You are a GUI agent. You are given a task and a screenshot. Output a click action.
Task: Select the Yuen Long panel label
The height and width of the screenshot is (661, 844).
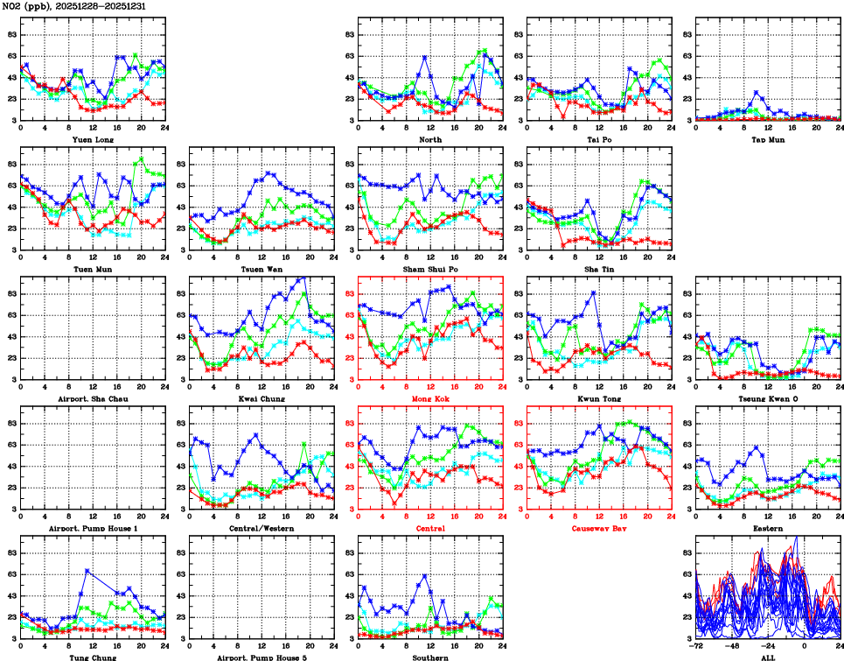click(x=92, y=139)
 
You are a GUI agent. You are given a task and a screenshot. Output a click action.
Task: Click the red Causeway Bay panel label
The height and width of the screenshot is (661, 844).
click(x=598, y=528)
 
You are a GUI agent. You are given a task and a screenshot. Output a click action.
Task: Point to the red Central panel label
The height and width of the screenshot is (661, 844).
click(x=429, y=528)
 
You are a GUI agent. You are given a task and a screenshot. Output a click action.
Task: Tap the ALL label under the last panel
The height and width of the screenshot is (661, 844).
click(x=767, y=657)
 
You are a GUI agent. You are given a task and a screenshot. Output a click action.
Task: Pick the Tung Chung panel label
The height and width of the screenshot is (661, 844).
click(x=92, y=657)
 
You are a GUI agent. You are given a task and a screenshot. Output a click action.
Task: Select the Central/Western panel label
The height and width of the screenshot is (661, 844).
click(x=261, y=528)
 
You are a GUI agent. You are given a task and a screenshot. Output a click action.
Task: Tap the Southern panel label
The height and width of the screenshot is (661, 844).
click(x=429, y=657)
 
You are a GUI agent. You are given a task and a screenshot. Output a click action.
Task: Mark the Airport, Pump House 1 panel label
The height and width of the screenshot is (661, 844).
click(x=92, y=528)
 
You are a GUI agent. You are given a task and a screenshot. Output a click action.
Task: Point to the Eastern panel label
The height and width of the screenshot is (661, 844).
click(x=767, y=528)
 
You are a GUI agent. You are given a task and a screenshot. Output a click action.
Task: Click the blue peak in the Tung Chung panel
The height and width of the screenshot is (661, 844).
click(x=87, y=571)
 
